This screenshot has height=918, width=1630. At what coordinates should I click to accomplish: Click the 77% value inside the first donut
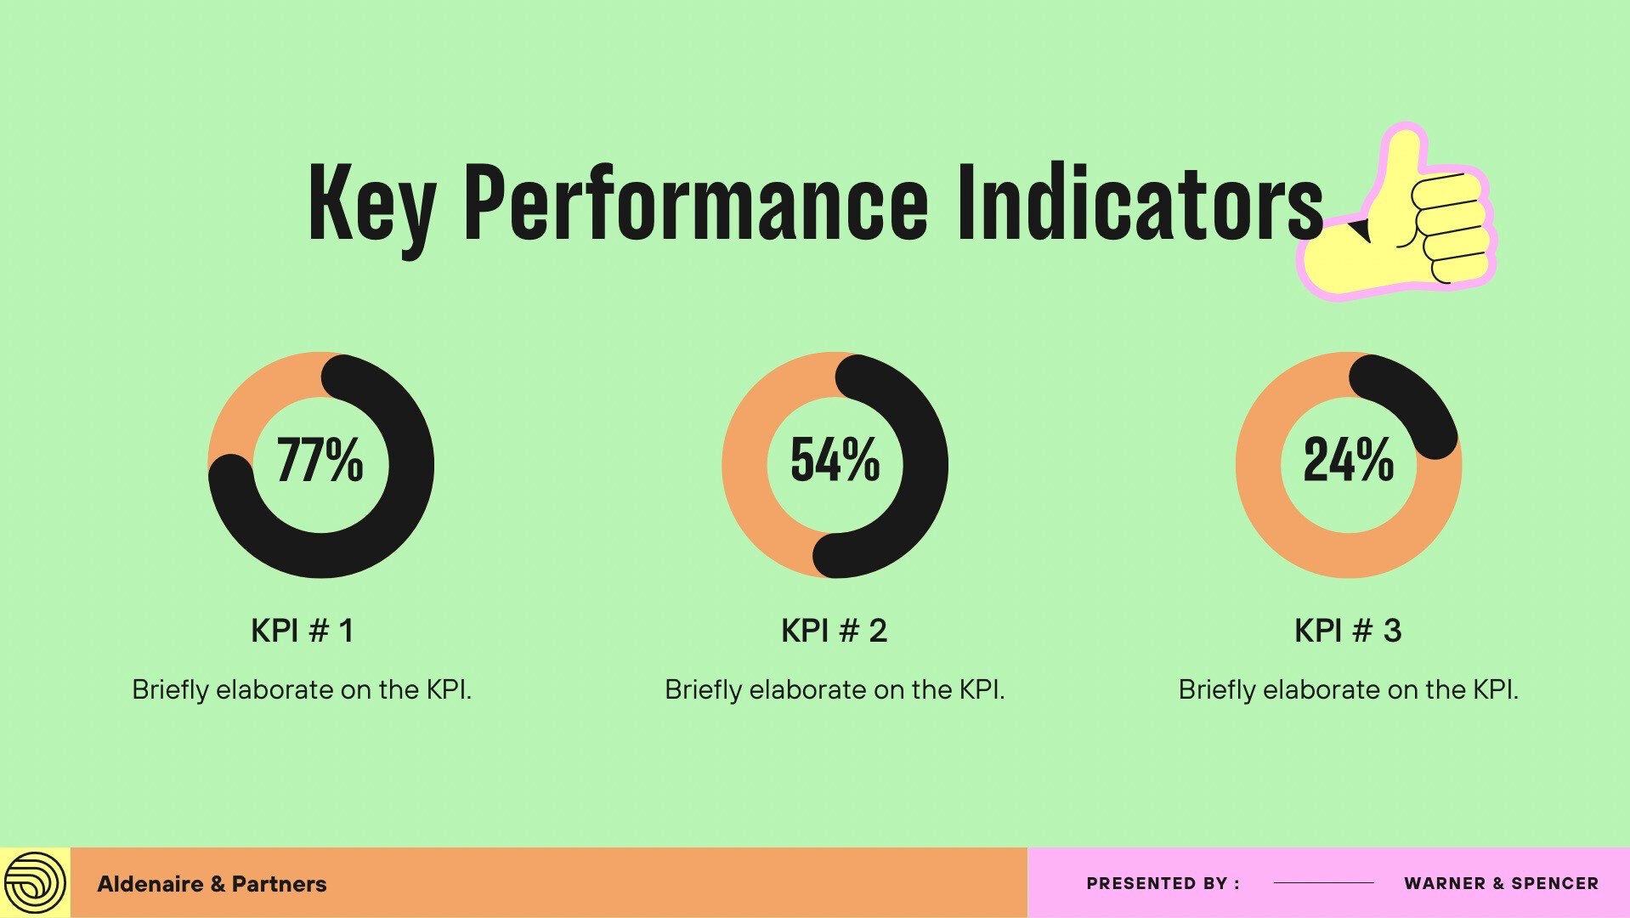coord(320,460)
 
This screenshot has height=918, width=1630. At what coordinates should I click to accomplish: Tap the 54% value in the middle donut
coord(835,460)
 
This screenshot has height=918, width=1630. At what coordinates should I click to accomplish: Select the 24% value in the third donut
coord(1349,460)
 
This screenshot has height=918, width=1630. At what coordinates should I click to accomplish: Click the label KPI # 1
coord(302,631)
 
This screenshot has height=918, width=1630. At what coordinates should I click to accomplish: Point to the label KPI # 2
coord(834,631)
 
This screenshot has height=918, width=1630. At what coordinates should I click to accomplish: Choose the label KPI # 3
coord(1348,631)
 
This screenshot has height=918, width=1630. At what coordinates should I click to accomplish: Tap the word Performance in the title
coord(696,201)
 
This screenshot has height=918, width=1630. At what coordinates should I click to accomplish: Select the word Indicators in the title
coord(1140,201)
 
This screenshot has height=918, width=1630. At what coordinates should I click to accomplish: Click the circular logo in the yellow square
coord(34,883)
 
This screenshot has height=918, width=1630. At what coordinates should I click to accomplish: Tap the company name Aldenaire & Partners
coord(212,884)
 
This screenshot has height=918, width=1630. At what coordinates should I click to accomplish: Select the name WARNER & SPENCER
coord(1501,883)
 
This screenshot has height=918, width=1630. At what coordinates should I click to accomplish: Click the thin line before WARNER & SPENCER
coord(1323,883)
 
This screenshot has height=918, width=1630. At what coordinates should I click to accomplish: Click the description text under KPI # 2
coord(835,689)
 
